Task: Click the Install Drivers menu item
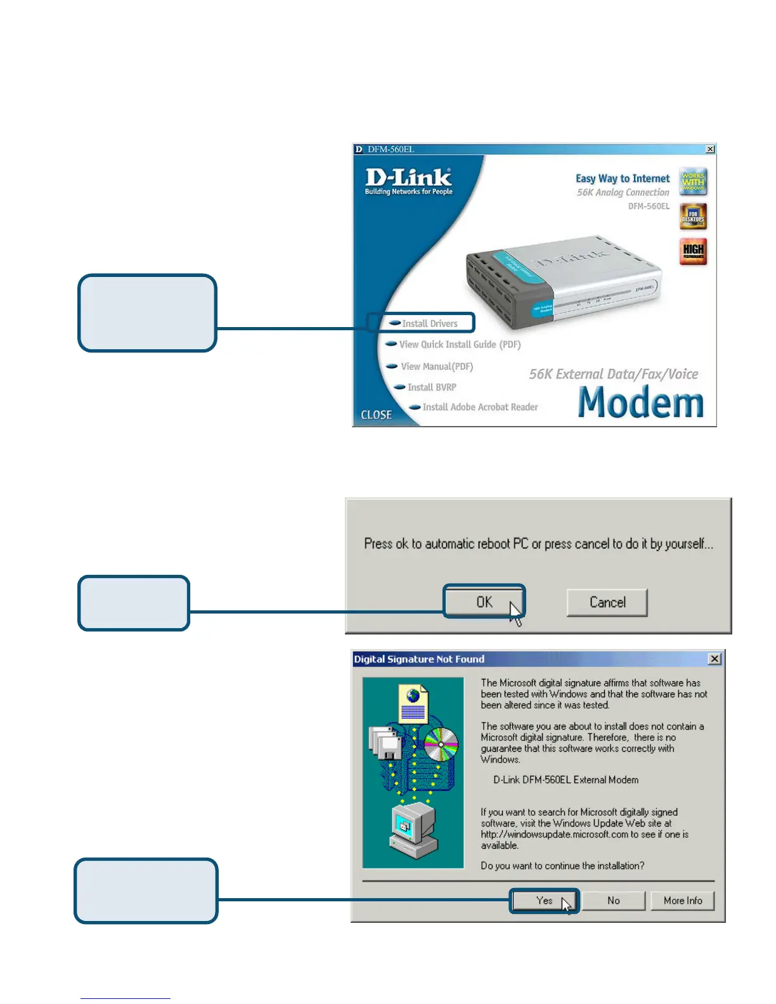pyautogui.click(x=429, y=323)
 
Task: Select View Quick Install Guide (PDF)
pyautogui.click(x=459, y=345)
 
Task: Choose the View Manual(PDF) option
pyautogui.click(x=436, y=366)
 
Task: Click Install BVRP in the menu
pyautogui.click(x=431, y=387)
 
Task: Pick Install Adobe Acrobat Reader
pyautogui.click(x=479, y=408)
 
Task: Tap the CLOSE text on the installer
pyautogui.click(x=376, y=415)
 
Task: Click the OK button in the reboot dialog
pyautogui.click(x=484, y=602)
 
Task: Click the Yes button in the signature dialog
pyautogui.click(x=544, y=901)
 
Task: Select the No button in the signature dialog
pyautogui.click(x=613, y=901)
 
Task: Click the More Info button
pyautogui.click(x=682, y=901)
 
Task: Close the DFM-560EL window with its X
pyautogui.click(x=710, y=149)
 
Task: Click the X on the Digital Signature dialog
pyautogui.click(x=715, y=659)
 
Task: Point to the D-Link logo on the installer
pyautogui.click(x=409, y=180)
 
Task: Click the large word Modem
pyautogui.click(x=641, y=402)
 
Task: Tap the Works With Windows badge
pyautogui.click(x=693, y=182)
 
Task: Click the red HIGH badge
pyautogui.click(x=693, y=251)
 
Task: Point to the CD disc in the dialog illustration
pyautogui.click(x=441, y=744)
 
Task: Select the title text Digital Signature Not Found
pyautogui.click(x=419, y=659)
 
